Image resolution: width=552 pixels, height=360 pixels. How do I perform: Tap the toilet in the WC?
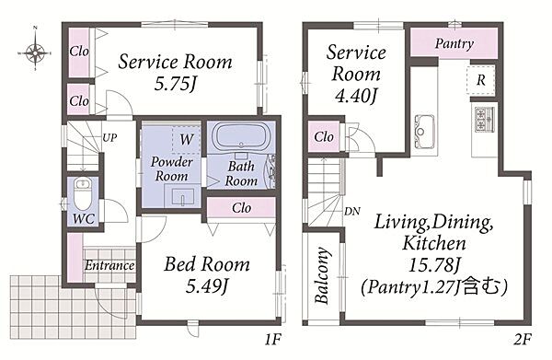(83, 194)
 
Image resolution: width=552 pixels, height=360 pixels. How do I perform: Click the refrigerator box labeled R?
(481, 80)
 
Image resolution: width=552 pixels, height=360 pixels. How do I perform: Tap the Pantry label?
(454, 44)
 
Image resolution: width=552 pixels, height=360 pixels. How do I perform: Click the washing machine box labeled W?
(186, 139)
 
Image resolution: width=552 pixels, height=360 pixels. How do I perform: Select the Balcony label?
(322, 275)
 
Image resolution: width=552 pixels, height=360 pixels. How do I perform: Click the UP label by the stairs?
(109, 137)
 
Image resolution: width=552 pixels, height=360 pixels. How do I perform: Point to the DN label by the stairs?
(352, 212)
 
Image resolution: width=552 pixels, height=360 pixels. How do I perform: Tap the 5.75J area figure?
(175, 84)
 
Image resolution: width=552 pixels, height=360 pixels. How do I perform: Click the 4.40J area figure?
(356, 96)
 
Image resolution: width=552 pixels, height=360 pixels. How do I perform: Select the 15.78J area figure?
(434, 265)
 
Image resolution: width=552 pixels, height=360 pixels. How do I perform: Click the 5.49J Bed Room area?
(207, 286)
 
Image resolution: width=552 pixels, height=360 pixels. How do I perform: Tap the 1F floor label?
(273, 340)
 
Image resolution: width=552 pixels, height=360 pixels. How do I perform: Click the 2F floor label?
(522, 340)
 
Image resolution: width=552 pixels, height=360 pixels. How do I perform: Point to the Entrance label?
(109, 265)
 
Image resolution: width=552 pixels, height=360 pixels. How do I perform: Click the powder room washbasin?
(183, 196)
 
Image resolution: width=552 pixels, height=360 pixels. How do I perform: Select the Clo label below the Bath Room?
(241, 208)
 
